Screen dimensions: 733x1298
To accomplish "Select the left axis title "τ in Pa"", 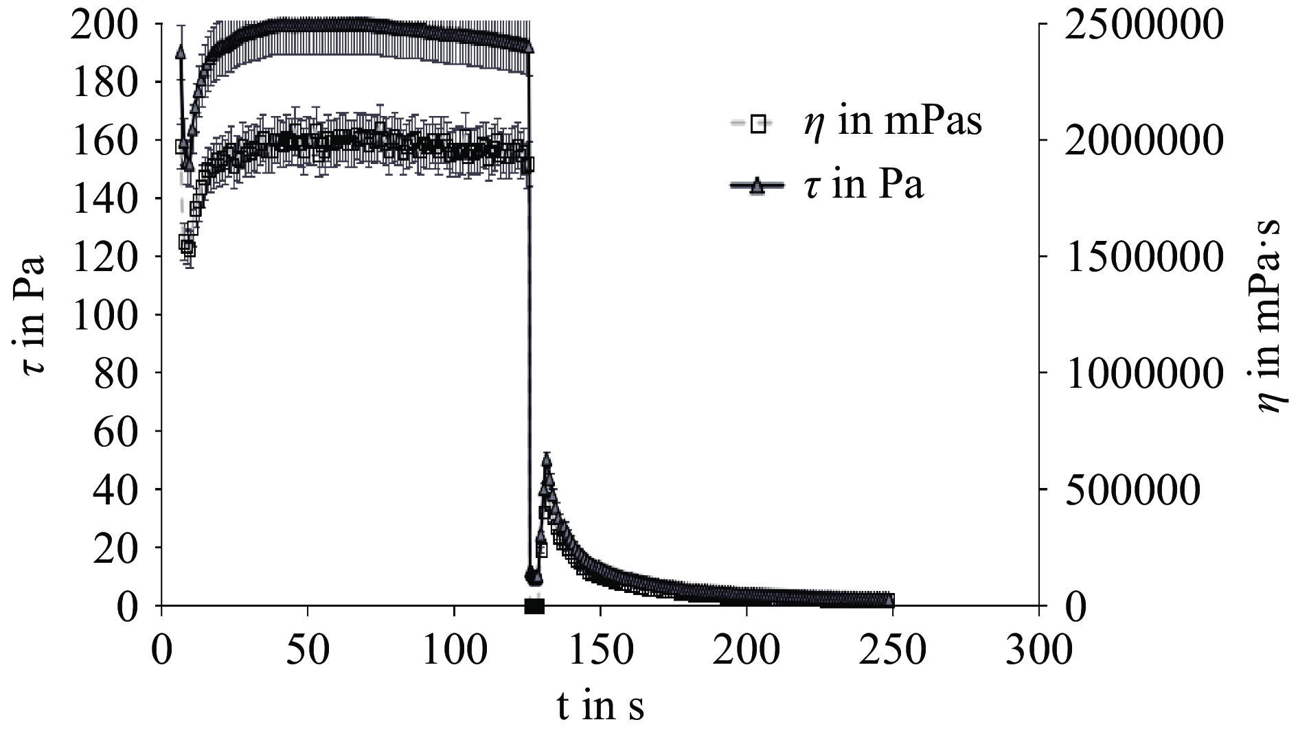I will coord(33,315).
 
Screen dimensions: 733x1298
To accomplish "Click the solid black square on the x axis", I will coord(534,606).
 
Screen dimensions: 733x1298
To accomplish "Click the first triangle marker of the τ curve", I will coord(181,52).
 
